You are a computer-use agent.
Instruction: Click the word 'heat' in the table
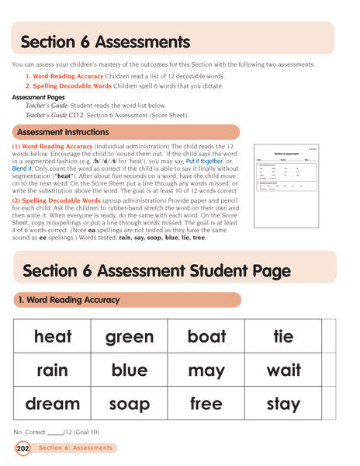pyautogui.click(x=53, y=336)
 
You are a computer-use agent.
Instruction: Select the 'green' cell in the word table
pyautogui.click(x=130, y=336)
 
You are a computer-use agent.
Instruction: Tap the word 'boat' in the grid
pyautogui.click(x=206, y=336)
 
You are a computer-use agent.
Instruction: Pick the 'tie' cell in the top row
pyautogui.click(x=283, y=336)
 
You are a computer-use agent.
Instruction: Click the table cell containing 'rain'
pyautogui.click(x=53, y=370)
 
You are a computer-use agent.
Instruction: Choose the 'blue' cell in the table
pyautogui.click(x=130, y=370)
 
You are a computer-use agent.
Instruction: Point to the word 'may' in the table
pyautogui.click(x=206, y=370)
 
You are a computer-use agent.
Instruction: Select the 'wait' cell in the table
pyautogui.click(x=283, y=370)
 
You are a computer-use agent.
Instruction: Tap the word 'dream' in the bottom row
pyautogui.click(x=53, y=404)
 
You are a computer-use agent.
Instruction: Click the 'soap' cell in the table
pyautogui.click(x=130, y=404)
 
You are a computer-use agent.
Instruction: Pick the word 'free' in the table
pyautogui.click(x=206, y=404)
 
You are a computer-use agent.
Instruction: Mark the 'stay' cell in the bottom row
pyautogui.click(x=283, y=404)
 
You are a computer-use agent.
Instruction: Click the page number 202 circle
pyautogui.click(x=22, y=448)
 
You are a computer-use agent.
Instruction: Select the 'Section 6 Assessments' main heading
pyautogui.click(x=104, y=41)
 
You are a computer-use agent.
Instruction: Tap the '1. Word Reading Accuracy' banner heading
pyautogui.click(x=71, y=299)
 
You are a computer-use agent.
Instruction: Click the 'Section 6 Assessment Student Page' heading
pyautogui.click(x=156, y=270)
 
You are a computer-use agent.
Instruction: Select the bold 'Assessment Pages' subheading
pyautogui.click(x=34, y=98)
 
